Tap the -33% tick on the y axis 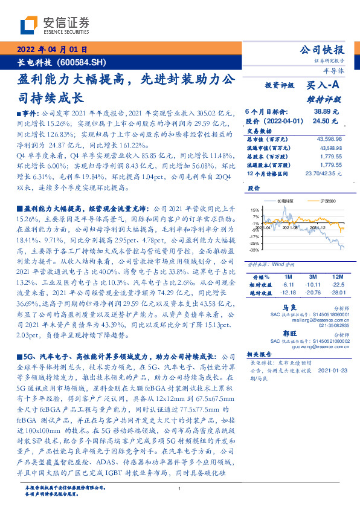(x=254, y=249)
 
